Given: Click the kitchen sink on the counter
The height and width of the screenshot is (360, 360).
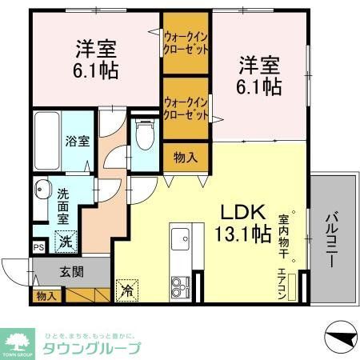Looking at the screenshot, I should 179,239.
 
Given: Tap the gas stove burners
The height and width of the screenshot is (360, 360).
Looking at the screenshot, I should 179,284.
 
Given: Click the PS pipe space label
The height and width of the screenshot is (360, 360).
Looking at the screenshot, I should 38,246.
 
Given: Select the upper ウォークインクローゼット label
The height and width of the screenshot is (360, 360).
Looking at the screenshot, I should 186,42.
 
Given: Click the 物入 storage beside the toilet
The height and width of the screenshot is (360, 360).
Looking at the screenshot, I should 186,158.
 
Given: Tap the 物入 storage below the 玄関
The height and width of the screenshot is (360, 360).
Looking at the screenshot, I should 46,295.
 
